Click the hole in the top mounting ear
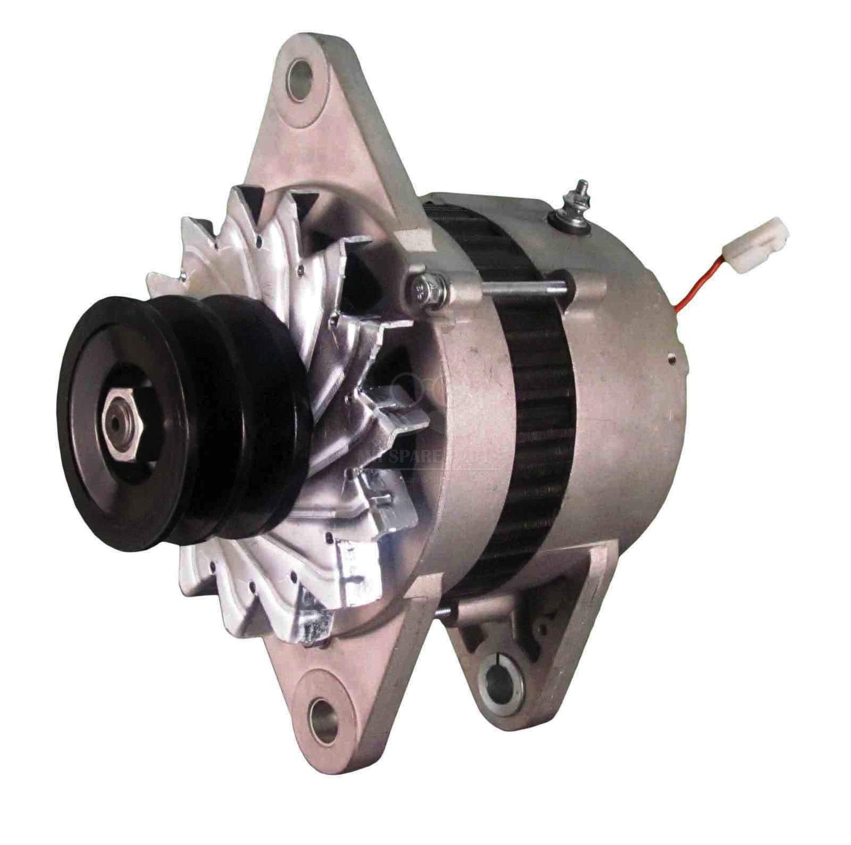302,72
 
